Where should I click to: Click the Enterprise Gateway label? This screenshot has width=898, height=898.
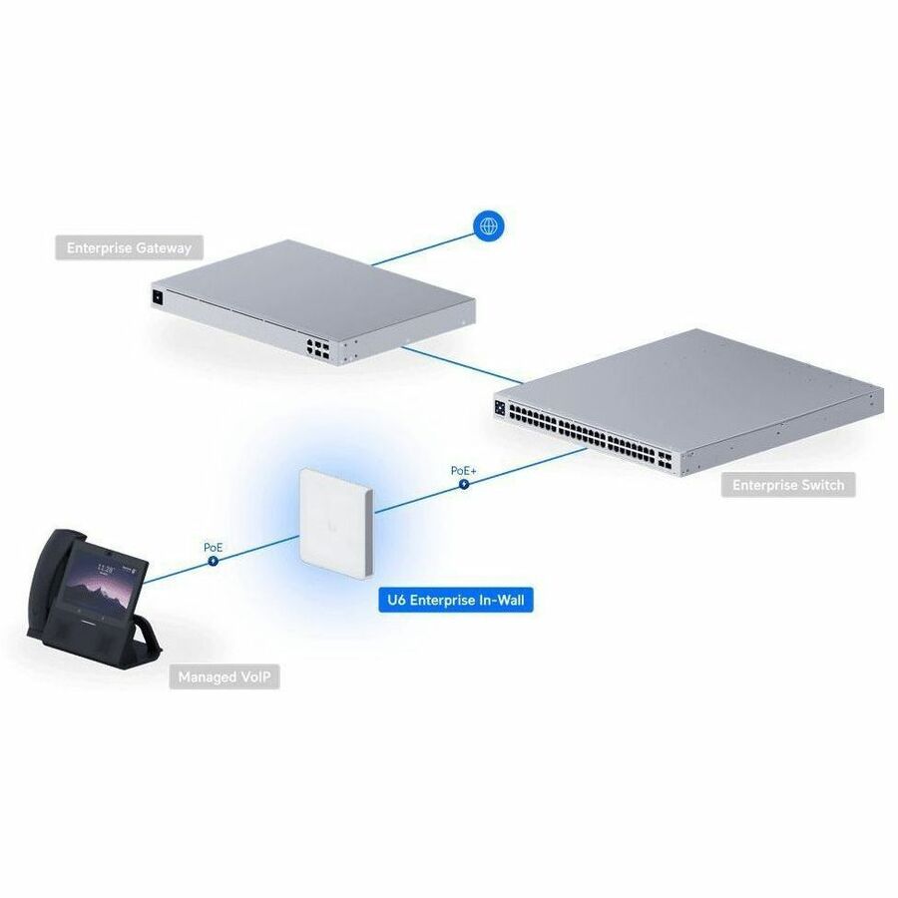pyautogui.click(x=129, y=248)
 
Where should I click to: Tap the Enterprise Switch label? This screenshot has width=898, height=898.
pyautogui.click(x=788, y=485)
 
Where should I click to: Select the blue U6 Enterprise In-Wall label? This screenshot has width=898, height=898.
pyautogui.click(x=456, y=600)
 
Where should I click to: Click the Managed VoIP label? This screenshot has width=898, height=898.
pyautogui.click(x=224, y=676)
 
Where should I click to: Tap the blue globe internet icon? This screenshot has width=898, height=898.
pyautogui.click(x=489, y=226)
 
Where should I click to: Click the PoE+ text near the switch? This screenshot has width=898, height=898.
pyautogui.click(x=463, y=471)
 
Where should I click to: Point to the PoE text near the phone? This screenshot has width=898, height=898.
pyautogui.click(x=214, y=548)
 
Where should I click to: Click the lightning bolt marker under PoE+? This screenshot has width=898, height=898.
pyautogui.click(x=464, y=485)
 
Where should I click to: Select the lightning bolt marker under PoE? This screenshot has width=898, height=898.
pyautogui.click(x=214, y=561)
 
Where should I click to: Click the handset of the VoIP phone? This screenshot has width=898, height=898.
pyautogui.click(x=48, y=579)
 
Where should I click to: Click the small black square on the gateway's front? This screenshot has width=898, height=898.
pyautogui.click(x=157, y=297)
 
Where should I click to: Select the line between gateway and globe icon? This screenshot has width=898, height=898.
pyautogui.click(x=424, y=246)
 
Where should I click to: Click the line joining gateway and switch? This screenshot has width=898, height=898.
pyautogui.click(x=462, y=365)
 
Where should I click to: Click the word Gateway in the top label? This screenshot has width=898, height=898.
pyautogui.click(x=163, y=248)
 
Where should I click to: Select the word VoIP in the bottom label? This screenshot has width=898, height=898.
pyautogui.click(x=254, y=676)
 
